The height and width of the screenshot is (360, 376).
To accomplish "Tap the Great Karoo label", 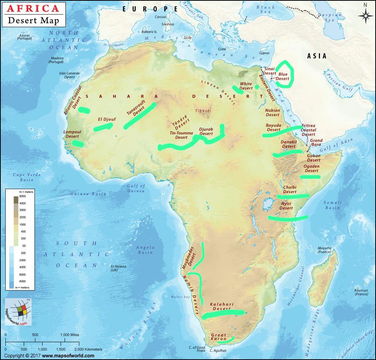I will coord(218,337).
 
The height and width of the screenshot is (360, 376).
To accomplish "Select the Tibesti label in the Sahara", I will coord(203,111).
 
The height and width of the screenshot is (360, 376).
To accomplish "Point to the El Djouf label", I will coord(107,119).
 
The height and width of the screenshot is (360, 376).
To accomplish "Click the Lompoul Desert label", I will coord(72,134).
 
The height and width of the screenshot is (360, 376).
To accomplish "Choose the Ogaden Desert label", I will coord(311,168).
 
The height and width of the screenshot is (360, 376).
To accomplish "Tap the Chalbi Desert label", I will coord(290,189).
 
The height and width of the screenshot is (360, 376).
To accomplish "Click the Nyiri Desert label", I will coord(286,206).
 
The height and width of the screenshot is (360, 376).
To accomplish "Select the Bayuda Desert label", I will coord(274,127).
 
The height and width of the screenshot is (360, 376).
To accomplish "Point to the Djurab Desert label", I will coord(206,131).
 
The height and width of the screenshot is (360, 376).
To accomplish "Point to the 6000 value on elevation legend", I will coord(22,196).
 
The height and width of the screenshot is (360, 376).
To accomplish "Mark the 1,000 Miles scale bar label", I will coord(70,334).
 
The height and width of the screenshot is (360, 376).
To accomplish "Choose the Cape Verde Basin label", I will coord(24,177).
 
